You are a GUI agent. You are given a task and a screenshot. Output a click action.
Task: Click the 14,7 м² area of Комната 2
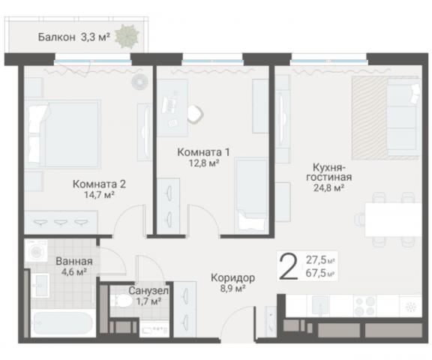coord(99,195)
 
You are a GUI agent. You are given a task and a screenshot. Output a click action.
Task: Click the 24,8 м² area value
coord(328,189)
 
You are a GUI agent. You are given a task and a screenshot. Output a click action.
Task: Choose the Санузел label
coord(148,291)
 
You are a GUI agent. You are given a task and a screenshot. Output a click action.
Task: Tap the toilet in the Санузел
coord(121,302)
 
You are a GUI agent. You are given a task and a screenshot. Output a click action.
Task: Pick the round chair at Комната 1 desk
coord(194,114)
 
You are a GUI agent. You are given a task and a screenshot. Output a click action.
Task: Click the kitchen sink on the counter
coord(321,306)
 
